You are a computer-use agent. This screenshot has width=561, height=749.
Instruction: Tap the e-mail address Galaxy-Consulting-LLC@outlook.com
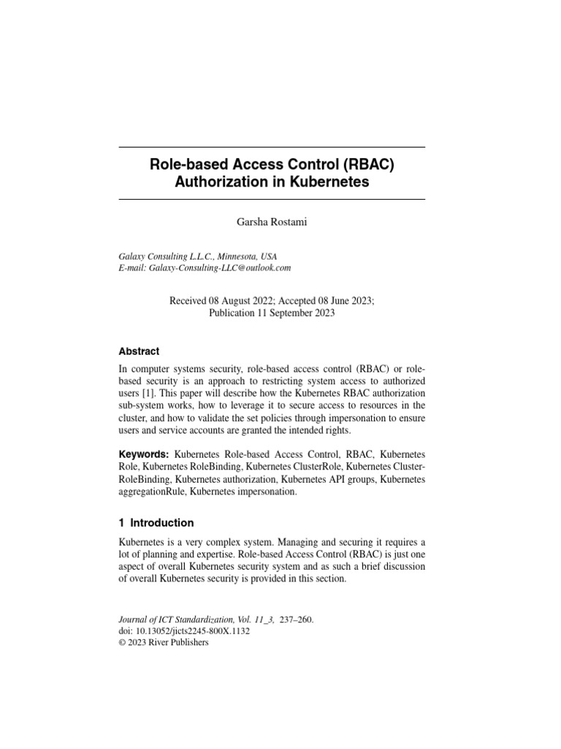[220, 268]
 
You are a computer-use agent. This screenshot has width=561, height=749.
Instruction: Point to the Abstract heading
[139, 351]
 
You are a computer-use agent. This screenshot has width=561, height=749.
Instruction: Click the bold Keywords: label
[145, 455]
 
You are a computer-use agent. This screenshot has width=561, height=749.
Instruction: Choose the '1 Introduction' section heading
[156, 523]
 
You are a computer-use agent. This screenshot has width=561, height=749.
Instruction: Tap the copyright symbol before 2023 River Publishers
[122, 643]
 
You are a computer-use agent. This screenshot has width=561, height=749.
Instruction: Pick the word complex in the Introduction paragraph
[224, 542]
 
